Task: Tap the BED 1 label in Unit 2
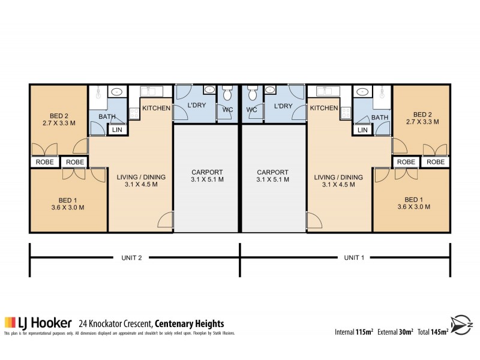68,203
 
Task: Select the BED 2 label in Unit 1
422,118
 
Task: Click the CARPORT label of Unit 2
206,175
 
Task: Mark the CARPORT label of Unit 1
272,175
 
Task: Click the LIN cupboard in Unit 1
362,130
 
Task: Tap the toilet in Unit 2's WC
227,95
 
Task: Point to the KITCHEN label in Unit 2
156,108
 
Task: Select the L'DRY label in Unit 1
283,106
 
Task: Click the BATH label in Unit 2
107,117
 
